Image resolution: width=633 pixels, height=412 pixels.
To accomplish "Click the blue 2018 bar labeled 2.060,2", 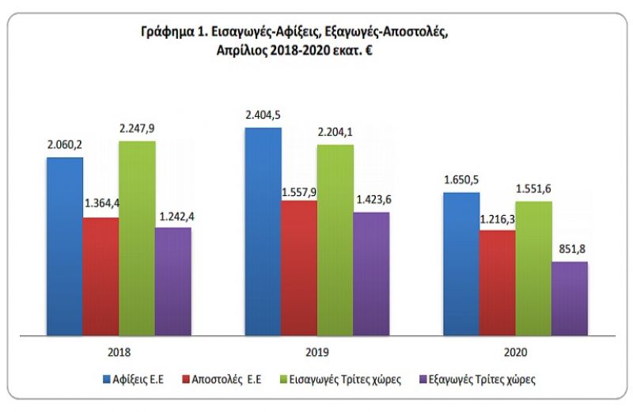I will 64,247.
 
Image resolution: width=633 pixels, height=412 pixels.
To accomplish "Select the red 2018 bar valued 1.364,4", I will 100,277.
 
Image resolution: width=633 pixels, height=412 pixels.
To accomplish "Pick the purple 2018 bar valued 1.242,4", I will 172,282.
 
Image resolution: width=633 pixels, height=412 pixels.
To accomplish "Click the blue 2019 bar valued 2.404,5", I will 263,232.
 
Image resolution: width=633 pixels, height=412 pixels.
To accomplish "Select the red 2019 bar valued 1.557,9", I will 299,269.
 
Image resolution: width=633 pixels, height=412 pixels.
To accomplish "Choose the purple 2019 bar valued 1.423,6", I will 371,274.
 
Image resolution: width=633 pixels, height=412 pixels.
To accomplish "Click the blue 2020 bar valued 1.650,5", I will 461,264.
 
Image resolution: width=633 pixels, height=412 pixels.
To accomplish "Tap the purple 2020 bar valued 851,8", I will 570,298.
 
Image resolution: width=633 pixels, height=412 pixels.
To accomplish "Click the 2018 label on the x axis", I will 119,351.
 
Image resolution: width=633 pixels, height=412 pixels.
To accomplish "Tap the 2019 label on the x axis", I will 317,351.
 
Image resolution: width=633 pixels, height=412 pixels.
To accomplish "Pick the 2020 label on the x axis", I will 515,351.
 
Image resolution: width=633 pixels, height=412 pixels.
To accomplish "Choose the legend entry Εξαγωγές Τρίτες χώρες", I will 480,380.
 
